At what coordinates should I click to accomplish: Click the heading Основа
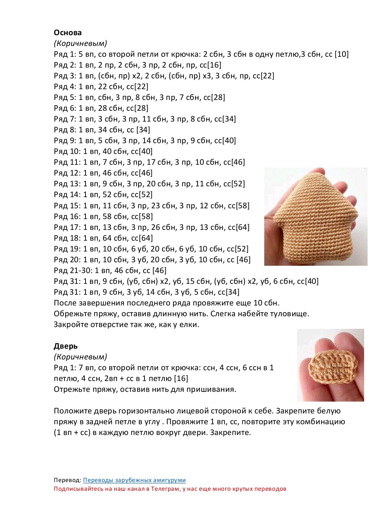click(x=68, y=33)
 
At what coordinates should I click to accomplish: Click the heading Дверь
click(x=66, y=346)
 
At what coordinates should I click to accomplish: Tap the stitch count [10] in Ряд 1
click(x=341, y=54)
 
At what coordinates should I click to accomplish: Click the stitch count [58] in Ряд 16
click(x=146, y=217)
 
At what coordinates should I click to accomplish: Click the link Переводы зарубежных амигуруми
click(x=134, y=480)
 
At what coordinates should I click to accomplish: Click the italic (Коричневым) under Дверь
click(x=80, y=357)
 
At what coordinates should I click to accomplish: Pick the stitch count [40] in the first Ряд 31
click(x=312, y=281)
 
